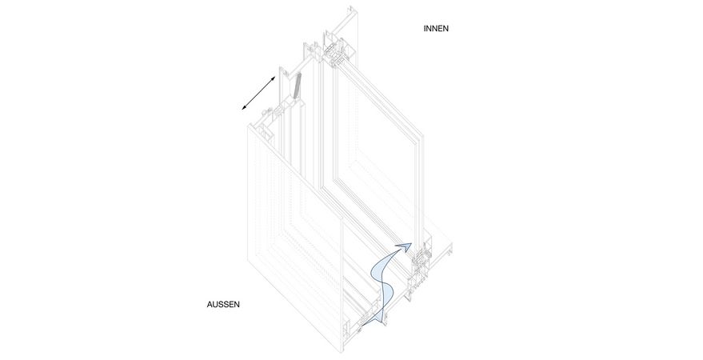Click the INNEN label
pos(436,29)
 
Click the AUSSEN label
pos(223,305)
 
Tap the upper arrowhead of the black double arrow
pos(273,79)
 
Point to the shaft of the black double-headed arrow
pos(258,93)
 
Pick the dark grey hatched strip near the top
pos(297,86)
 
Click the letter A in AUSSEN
pos(210,305)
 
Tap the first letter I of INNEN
pos(425,29)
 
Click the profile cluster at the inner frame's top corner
pos(334,50)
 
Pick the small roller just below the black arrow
pos(270,110)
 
